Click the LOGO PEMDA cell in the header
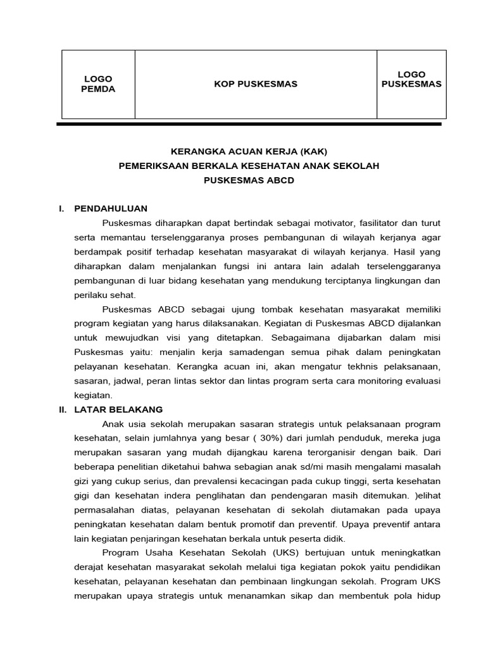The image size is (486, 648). [98, 84]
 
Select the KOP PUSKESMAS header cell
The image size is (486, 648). [256, 84]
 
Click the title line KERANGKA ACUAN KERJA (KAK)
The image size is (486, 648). [250, 151]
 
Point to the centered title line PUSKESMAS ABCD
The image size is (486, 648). [249, 180]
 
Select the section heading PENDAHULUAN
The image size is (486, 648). [111, 208]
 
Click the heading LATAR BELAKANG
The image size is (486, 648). [118, 409]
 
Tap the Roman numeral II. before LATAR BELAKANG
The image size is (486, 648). [63, 409]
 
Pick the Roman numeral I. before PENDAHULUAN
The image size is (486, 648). [63, 208]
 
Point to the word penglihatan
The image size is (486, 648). [220, 495]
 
